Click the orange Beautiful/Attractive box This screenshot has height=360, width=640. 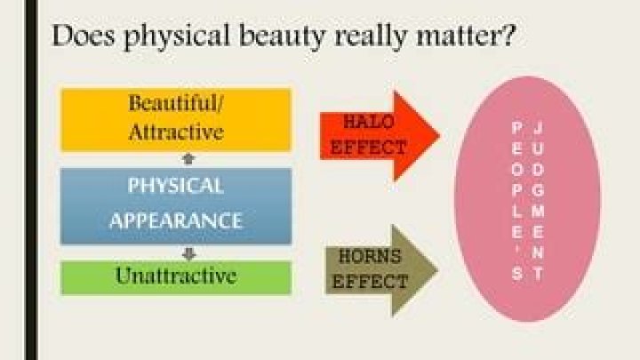(176, 119)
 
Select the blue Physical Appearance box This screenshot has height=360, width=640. (176, 204)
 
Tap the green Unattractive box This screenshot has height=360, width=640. (176, 276)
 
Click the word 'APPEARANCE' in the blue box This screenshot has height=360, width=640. (176, 220)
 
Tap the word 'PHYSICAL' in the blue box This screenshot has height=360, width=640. (176, 187)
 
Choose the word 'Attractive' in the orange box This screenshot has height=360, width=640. (176, 132)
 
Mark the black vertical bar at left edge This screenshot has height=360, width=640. (31, 180)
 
